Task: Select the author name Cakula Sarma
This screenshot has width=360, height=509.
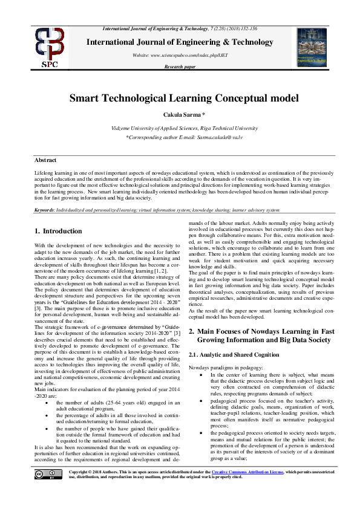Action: click(x=179, y=115)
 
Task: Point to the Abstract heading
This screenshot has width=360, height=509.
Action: click(x=45, y=160)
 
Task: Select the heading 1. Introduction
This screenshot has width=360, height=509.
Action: click(x=58, y=231)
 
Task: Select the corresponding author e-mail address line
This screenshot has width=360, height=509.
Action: click(x=179, y=138)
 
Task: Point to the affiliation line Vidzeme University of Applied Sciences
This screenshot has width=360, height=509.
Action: click(x=179, y=129)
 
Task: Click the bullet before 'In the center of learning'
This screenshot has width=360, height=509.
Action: click(x=203, y=375)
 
